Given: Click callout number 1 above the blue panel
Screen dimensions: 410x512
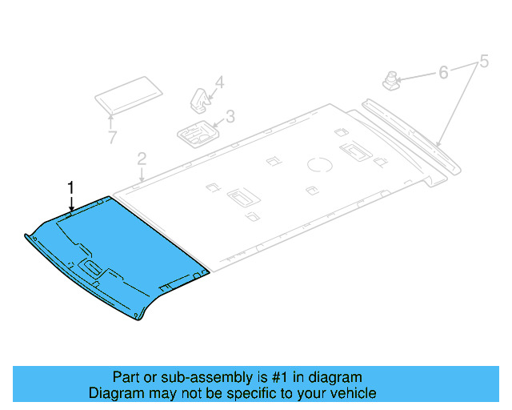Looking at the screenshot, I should point(70,187).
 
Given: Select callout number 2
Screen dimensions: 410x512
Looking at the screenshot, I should point(142,158).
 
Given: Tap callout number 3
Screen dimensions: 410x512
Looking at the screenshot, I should point(230,117).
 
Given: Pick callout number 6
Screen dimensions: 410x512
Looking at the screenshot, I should point(442,73).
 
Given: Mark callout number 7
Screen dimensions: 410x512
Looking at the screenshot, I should point(113,137).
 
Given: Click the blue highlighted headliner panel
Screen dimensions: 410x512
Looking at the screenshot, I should point(120,248).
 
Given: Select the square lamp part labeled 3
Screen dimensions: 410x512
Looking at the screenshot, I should point(195,133).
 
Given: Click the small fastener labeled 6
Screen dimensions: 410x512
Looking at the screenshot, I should point(392,79).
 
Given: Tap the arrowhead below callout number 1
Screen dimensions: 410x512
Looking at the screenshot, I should point(70,209).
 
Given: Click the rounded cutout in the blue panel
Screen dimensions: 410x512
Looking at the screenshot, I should point(89,267).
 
